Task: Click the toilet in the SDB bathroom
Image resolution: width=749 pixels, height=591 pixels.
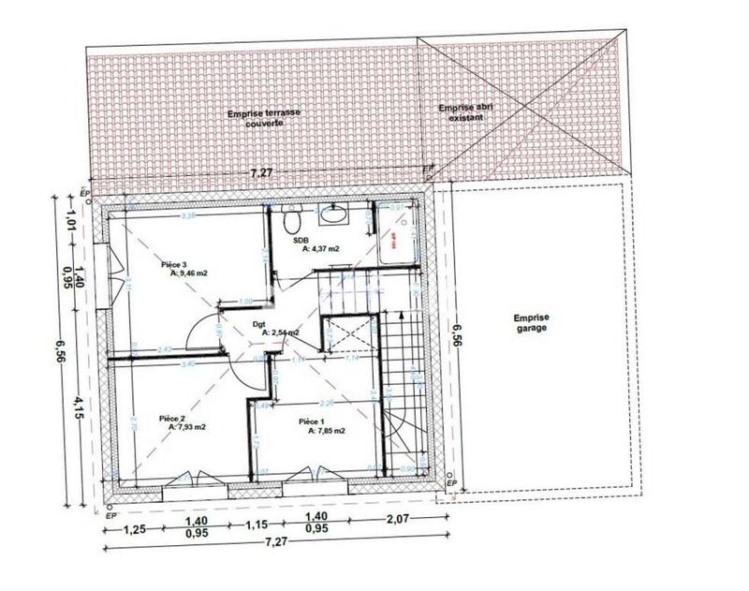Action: point(290,220)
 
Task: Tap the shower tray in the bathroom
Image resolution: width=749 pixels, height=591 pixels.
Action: point(399,238)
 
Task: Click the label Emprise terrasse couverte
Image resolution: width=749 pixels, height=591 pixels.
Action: point(265,118)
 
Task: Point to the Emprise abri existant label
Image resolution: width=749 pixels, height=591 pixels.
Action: point(466,113)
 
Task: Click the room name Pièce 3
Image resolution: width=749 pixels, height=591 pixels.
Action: point(175,264)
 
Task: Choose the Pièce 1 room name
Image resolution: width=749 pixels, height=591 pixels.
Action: point(312,422)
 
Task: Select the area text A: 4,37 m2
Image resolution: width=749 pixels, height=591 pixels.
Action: point(320,249)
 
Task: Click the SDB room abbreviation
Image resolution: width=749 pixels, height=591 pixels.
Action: point(301,241)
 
